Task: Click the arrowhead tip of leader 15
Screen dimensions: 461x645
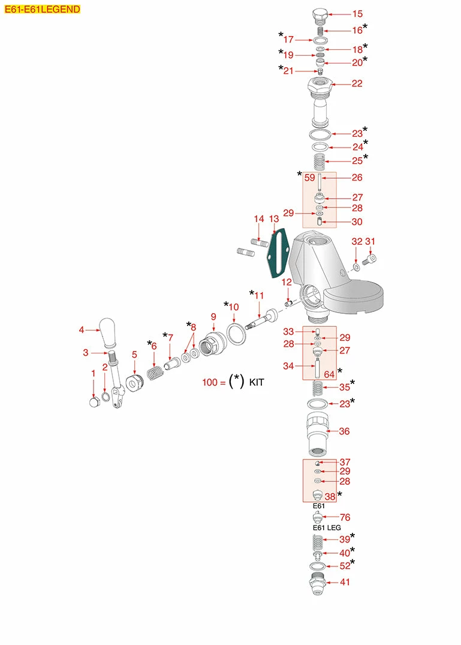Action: (x=327, y=14)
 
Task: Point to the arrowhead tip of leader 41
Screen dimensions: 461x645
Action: (x=326, y=583)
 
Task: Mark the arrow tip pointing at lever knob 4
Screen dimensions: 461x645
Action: (x=100, y=329)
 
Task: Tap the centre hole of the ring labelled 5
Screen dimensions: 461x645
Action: (x=132, y=385)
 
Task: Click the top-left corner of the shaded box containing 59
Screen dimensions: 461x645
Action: (x=303, y=172)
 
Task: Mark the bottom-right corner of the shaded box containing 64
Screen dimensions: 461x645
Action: (x=336, y=380)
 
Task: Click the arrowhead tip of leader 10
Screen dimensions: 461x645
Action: (x=234, y=323)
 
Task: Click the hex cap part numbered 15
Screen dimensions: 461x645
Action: (x=320, y=16)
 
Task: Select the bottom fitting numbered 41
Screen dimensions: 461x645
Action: (x=318, y=583)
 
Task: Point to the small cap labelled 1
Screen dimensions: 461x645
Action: (x=95, y=401)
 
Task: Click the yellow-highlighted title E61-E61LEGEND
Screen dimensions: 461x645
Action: (x=43, y=9)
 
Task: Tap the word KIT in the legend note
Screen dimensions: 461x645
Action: (x=257, y=383)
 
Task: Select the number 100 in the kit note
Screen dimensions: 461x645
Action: (x=210, y=383)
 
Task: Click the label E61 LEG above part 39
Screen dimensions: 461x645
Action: (x=327, y=527)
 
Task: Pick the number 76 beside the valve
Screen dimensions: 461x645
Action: (x=345, y=517)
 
